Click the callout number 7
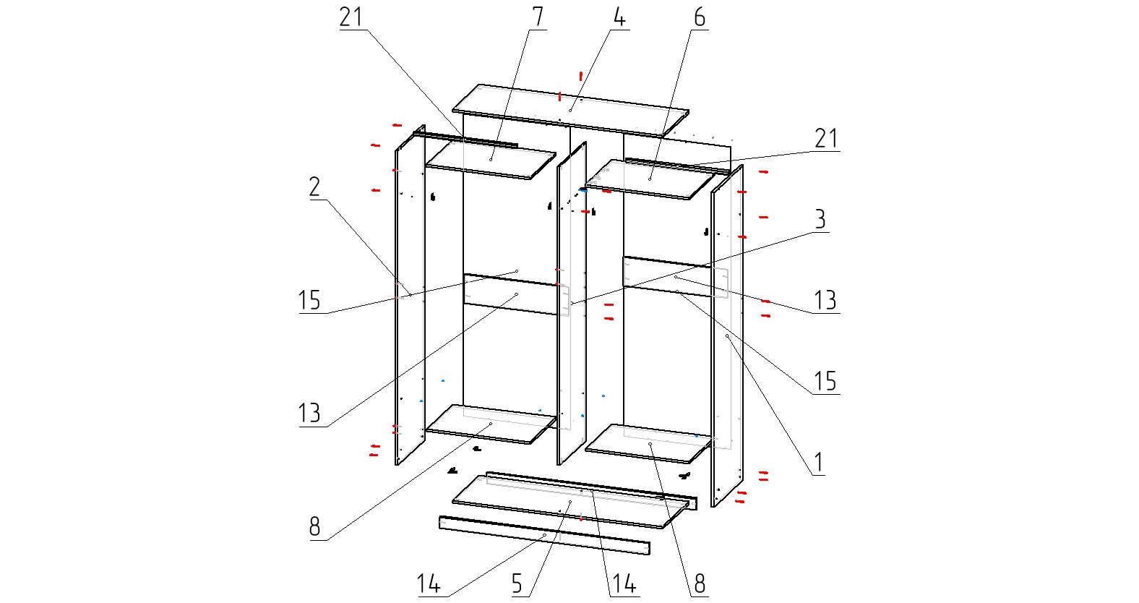(537, 17)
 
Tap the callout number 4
(619, 17)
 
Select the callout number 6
(699, 17)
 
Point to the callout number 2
(314, 187)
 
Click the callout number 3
(820, 220)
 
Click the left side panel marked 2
(411, 304)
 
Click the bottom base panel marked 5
(569, 502)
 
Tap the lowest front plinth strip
(544, 536)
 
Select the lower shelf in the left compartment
(491, 424)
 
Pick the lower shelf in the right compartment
(650, 443)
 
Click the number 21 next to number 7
(351, 17)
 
